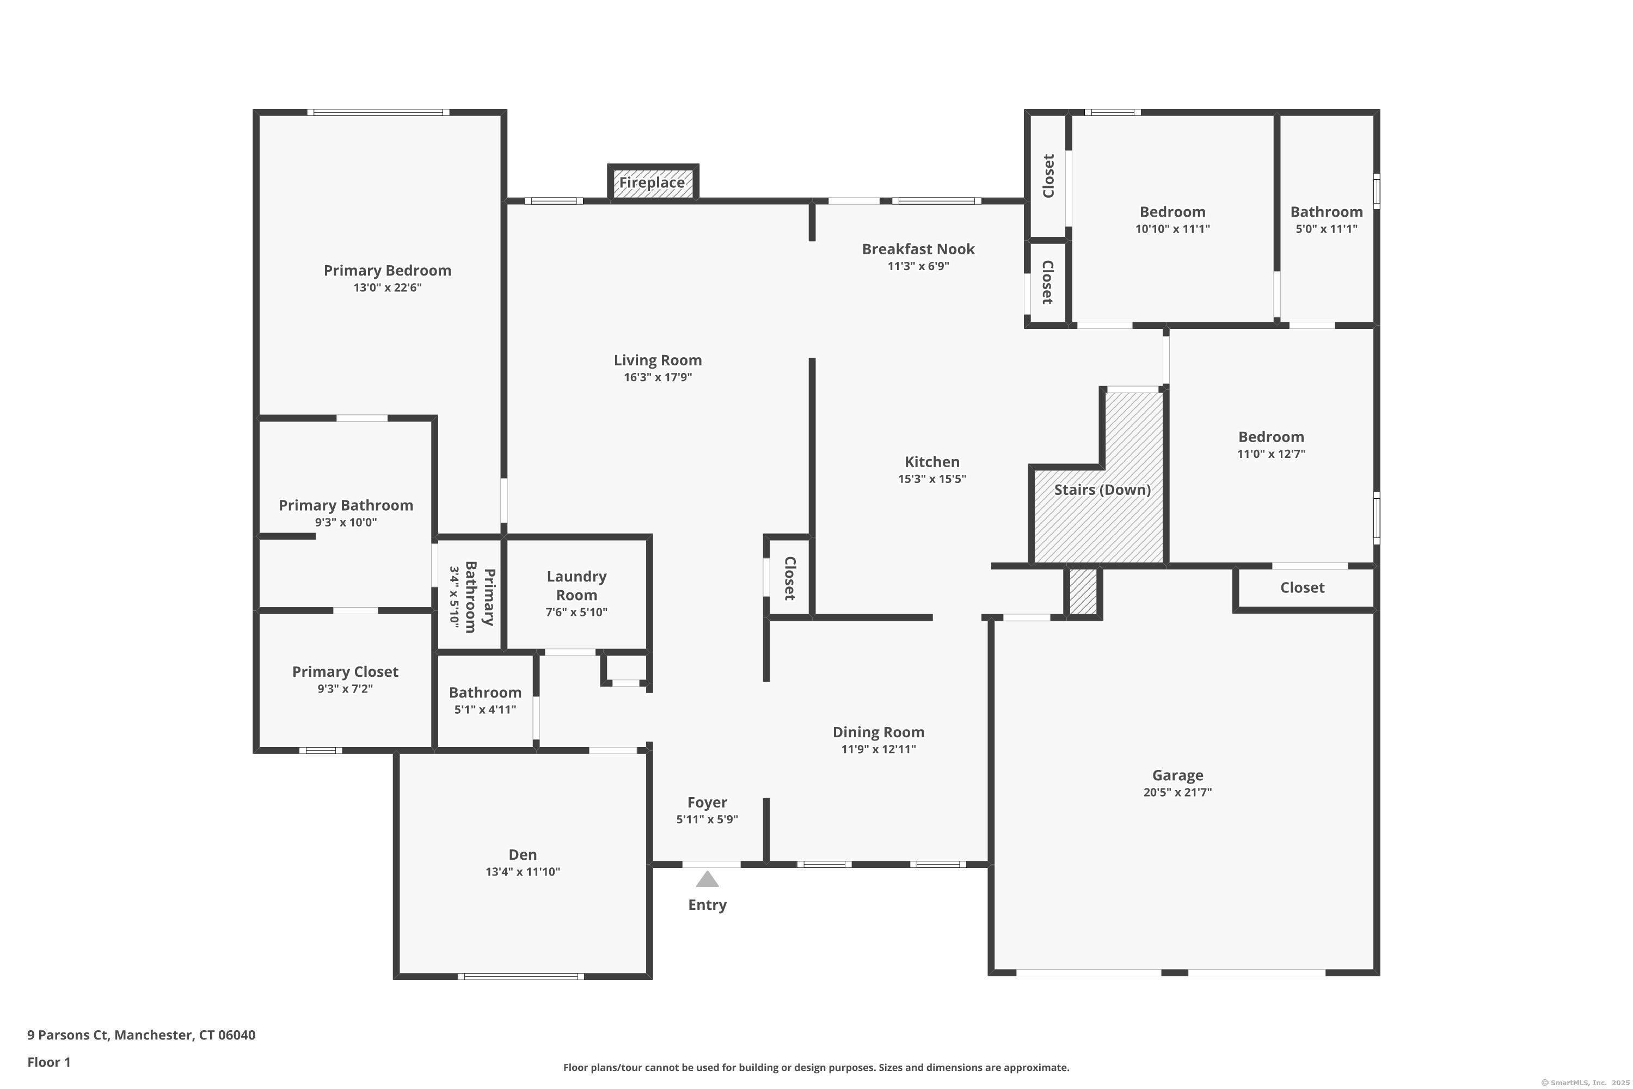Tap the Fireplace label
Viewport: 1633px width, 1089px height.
[652, 182]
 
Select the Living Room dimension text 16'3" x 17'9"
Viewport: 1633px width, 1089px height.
[658, 377]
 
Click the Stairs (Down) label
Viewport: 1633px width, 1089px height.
[1102, 490]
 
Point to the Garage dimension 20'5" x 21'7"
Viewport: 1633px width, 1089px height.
[1177, 792]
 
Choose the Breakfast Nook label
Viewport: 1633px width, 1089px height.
[918, 249]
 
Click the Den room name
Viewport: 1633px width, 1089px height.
[522, 855]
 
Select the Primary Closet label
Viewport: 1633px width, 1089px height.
[345, 671]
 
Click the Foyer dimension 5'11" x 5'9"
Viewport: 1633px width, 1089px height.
[707, 819]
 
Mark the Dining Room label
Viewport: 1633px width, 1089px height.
[879, 732]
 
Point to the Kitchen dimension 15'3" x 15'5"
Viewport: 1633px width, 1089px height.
[932, 479]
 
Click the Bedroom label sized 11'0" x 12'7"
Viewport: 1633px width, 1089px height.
[1270, 437]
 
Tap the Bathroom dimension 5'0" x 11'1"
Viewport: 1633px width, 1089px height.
[1326, 229]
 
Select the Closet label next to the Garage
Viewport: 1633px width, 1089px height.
[1302, 588]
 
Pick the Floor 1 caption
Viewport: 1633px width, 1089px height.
[48, 1062]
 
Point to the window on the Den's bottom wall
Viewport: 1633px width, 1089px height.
[521, 976]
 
